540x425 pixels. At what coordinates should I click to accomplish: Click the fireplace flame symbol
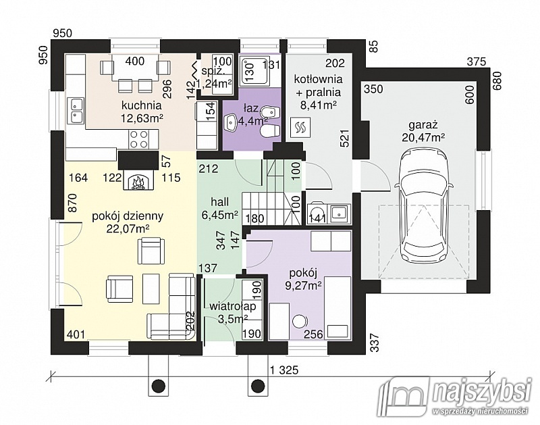click(x=138, y=182)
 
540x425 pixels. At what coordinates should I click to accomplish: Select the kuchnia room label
click(x=141, y=105)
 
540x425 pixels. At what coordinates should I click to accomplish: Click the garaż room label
click(x=423, y=124)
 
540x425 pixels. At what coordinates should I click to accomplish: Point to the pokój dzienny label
click(x=128, y=216)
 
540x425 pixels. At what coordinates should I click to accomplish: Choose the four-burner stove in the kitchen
click(x=139, y=139)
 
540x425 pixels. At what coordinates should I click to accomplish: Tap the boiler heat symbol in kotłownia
click(x=300, y=128)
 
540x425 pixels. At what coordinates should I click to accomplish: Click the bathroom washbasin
click(x=230, y=122)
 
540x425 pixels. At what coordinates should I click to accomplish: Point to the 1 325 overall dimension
click(x=284, y=370)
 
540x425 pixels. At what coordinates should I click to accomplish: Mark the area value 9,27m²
click(x=303, y=285)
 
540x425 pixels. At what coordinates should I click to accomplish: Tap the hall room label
click(x=220, y=202)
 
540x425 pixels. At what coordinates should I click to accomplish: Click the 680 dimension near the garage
click(x=498, y=80)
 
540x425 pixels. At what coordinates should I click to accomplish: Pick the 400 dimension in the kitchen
click(x=134, y=61)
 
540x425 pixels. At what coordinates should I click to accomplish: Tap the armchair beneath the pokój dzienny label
click(x=151, y=251)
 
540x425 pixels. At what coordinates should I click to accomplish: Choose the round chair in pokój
click(x=300, y=321)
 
